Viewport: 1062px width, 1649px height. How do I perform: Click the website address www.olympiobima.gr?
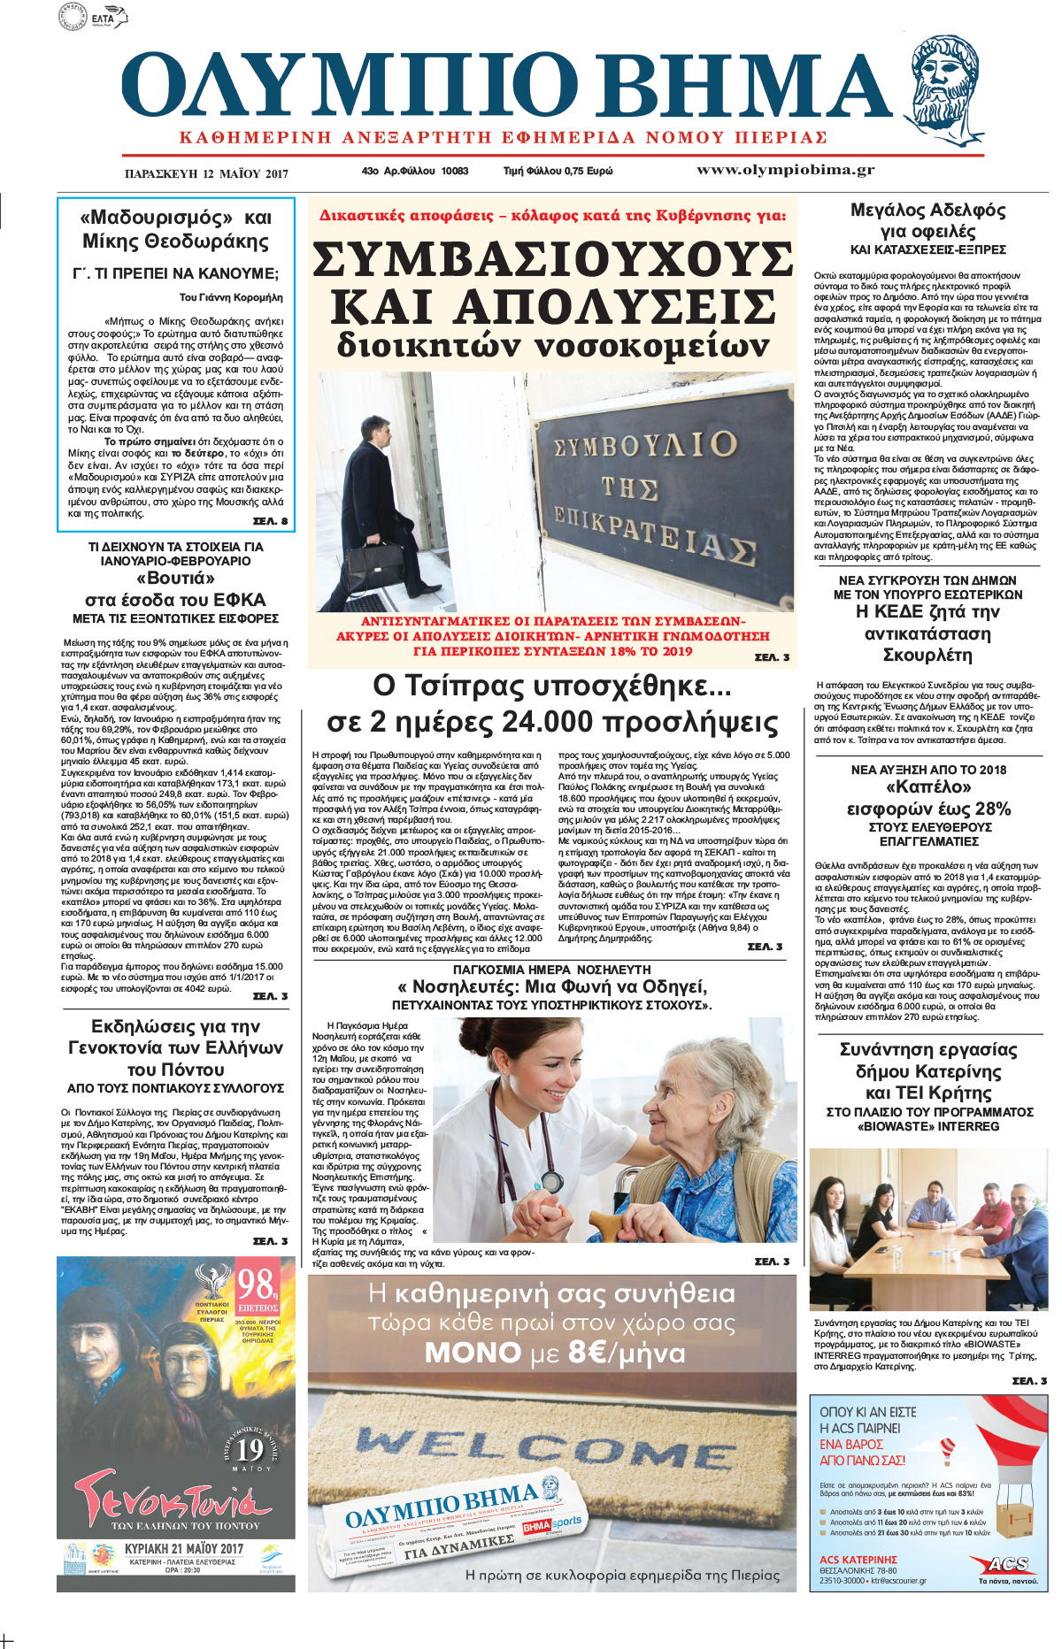pos(785,170)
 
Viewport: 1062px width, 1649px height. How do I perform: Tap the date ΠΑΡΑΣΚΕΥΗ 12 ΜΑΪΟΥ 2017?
pos(206,173)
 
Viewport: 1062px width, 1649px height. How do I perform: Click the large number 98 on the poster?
pos(255,1284)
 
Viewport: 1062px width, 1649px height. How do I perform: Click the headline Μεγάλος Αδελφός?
pos(927,211)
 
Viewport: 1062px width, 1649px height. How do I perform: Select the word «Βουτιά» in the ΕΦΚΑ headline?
pos(175,579)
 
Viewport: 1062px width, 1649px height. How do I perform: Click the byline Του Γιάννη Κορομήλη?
pos(231,297)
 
